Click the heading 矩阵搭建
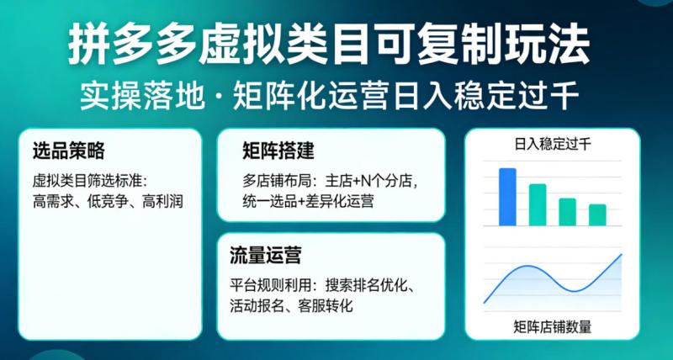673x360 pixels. tap(278, 151)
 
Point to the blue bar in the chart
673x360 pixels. tap(507, 197)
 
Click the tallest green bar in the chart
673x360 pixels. tap(538, 204)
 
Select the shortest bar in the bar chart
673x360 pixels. tap(597, 214)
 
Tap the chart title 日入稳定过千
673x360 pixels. tap(552, 144)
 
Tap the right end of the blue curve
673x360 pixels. tap(621, 254)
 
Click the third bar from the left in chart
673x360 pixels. tap(568, 211)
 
